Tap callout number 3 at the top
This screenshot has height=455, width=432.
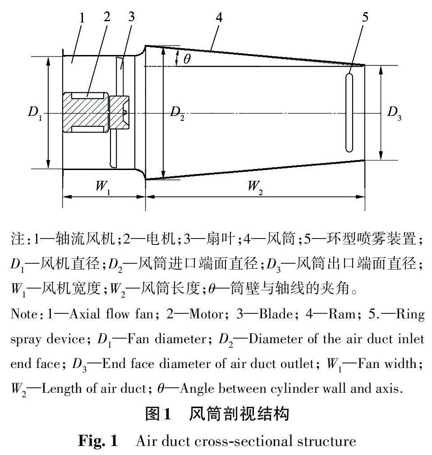pos(131,16)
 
